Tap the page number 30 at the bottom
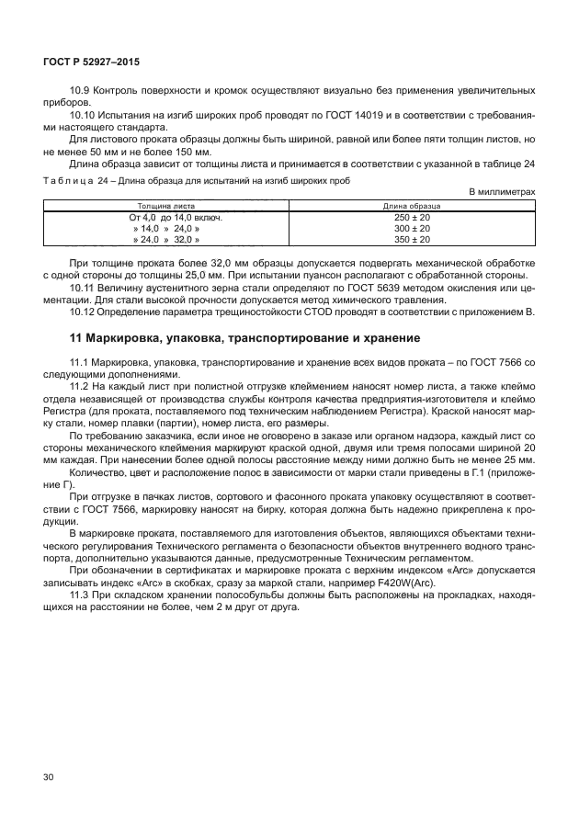point(49,777)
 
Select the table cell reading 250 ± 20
point(412,217)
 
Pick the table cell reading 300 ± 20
point(412,228)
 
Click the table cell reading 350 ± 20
point(412,239)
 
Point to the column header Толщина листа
point(166,206)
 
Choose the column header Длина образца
point(412,206)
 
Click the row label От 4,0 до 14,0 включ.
point(165,217)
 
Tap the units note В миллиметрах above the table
point(502,191)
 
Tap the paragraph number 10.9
point(80,90)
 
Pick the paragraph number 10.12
point(83,312)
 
